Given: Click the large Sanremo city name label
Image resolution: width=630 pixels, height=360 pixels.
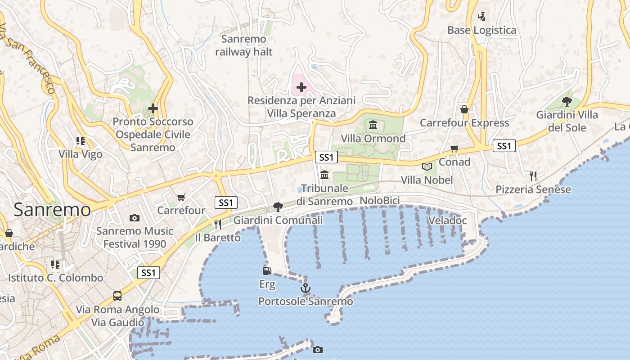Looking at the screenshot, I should pos(52,210).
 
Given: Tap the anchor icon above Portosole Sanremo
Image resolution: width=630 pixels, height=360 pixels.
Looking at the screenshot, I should pos(306,288).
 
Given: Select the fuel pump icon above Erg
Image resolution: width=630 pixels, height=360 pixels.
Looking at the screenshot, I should pos(267,271).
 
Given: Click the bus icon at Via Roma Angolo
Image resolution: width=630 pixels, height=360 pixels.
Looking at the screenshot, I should pos(117,296).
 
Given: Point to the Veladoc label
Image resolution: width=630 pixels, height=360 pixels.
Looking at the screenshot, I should pos(447,220).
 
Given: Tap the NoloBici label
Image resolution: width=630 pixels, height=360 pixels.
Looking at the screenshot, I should pos(380,200).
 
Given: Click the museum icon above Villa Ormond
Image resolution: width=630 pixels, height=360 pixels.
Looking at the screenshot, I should pos(373,125).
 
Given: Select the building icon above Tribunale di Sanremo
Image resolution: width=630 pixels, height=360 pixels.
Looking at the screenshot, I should pos(324,175).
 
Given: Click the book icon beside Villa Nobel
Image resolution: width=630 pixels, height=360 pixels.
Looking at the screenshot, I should pos(427,167).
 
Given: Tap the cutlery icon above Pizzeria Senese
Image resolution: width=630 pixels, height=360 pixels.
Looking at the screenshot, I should pos(533,176).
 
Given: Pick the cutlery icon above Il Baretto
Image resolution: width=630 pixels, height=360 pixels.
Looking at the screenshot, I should pos(218,224).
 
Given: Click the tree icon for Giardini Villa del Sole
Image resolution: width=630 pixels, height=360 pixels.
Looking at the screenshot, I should pos(567,102).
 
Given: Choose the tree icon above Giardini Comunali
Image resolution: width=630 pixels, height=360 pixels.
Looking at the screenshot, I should pos(278,207).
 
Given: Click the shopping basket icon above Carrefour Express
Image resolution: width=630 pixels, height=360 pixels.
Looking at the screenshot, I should pos(464,109).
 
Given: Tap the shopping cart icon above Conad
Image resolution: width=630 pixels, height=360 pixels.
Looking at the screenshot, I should pos(454,149).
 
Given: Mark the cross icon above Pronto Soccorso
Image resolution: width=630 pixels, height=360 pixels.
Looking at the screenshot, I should pos(153,108).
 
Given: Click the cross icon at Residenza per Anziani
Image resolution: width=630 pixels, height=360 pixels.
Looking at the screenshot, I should pos(301,87).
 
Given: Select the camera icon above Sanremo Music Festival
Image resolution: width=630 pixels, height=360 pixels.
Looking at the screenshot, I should pos(134,218).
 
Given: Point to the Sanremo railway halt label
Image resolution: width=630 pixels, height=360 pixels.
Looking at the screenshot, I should pos(244,45).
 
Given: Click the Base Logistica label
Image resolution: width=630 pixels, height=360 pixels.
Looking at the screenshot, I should pos(481,30).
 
